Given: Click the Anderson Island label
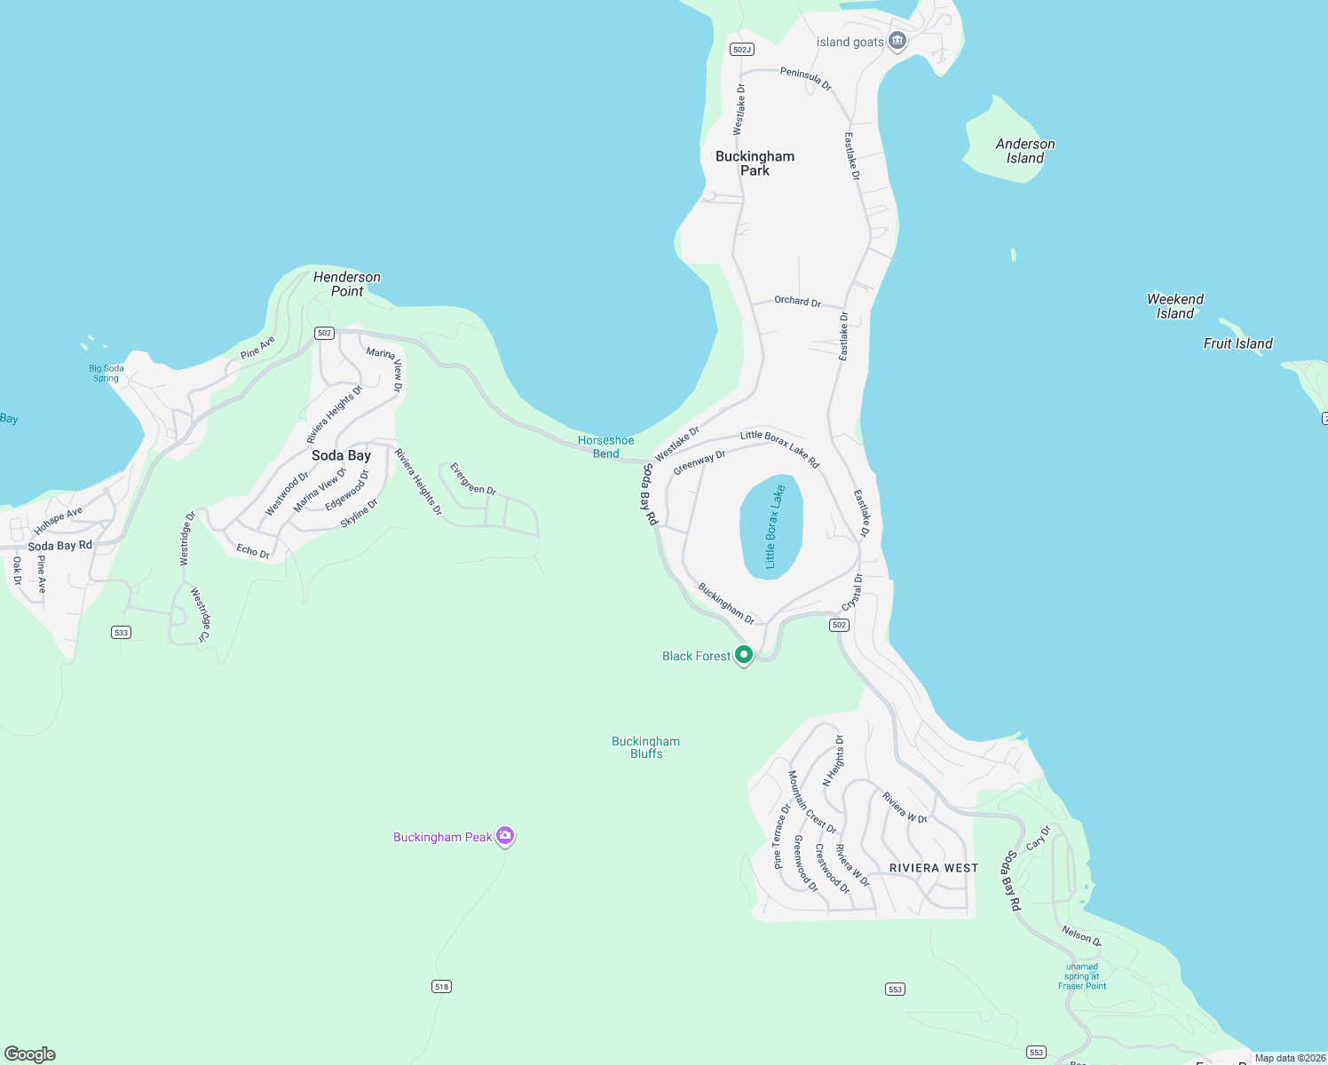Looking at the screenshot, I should [1025, 151].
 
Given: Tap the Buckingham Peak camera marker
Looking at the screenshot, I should [505, 836].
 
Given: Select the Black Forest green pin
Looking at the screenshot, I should [744, 655].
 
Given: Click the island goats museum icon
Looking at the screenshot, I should [897, 41].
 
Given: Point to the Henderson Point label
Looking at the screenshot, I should [347, 284].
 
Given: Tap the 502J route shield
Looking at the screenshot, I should [741, 50].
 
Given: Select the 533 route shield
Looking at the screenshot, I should [122, 633].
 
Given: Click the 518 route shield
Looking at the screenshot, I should [441, 986].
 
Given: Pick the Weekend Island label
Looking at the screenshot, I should [1175, 306].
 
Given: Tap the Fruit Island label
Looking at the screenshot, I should [1237, 343].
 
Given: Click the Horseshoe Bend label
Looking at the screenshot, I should [606, 446].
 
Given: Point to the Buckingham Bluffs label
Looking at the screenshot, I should [646, 747].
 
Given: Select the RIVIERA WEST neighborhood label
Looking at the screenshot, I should [934, 868].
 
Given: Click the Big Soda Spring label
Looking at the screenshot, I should [107, 373].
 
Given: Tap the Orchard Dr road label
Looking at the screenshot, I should [797, 301].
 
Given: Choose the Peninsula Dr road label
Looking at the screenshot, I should [806, 78].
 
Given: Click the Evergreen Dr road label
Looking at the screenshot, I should [473, 478].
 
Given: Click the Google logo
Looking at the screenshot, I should [30, 1054].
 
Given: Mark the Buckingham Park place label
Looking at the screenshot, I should [755, 163].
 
